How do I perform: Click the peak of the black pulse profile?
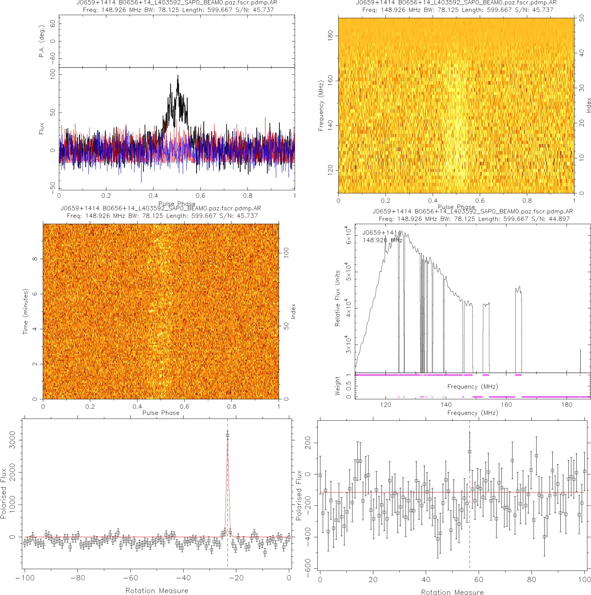(x=178, y=75)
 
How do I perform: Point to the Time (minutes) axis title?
(x=25, y=311)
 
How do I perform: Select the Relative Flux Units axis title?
(x=337, y=298)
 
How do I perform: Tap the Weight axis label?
(x=337, y=386)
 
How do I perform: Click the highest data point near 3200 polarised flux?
(x=227, y=435)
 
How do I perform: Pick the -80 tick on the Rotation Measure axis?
(x=78, y=578)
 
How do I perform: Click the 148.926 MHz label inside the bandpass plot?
(x=382, y=240)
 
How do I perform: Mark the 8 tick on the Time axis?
(x=34, y=259)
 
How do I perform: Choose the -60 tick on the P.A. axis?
(x=53, y=57)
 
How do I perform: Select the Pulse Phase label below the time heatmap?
(x=161, y=413)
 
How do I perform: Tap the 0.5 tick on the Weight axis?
(x=349, y=386)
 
